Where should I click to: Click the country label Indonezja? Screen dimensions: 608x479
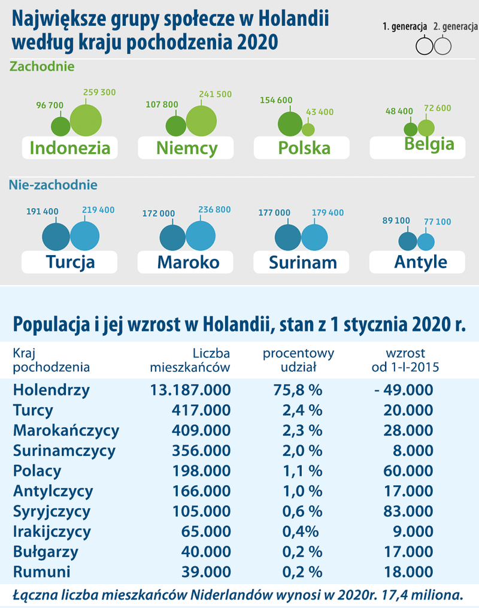69,148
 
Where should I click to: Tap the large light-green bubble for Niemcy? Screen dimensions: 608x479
201,121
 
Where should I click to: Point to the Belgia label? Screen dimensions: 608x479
429,144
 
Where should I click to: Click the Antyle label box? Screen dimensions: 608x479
420,262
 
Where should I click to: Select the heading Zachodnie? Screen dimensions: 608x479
42,66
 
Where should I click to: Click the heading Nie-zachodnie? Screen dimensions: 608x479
53,185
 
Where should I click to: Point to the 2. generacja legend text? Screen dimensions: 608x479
456,27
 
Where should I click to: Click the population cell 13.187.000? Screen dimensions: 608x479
190,391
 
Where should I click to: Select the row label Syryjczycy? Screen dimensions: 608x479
51,512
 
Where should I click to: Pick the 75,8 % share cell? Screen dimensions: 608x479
298,391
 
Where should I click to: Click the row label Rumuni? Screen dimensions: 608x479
42,572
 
